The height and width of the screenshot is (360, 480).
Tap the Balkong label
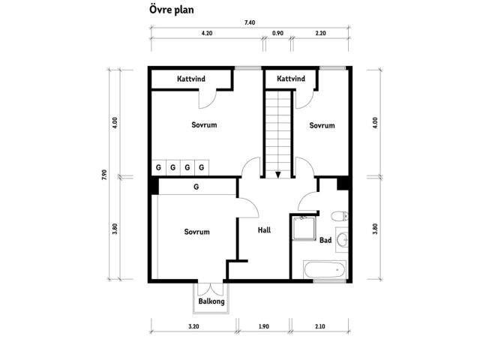pyautogui.click(x=211, y=301)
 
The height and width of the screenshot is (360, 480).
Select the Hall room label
pyautogui.click(x=263, y=230)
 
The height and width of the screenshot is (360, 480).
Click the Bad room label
pyautogui.click(x=325, y=241)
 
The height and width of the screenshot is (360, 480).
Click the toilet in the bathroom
pyautogui.click(x=340, y=217)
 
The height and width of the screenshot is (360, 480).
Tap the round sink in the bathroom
pyautogui.click(x=342, y=240)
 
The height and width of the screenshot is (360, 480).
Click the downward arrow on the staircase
pyautogui.click(x=278, y=174)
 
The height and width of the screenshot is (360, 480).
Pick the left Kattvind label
pyautogui.click(x=192, y=79)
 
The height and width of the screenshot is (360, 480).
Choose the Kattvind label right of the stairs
pyautogui.click(x=290, y=79)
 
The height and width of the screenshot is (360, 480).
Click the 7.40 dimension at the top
pyautogui.click(x=250, y=22)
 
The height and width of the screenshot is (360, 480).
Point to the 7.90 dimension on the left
pyautogui.click(x=105, y=175)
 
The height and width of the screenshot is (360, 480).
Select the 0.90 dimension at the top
pyautogui.click(x=277, y=34)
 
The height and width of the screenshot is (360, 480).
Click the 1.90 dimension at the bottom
pyautogui.click(x=264, y=327)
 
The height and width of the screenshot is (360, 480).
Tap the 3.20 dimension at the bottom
pyautogui.click(x=193, y=327)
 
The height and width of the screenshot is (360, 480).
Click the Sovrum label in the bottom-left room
pyautogui.click(x=196, y=232)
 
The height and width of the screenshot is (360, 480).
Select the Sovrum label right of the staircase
pyautogui.click(x=321, y=125)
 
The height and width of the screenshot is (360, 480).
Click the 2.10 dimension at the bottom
pyautogui.click(x=320, y=327)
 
